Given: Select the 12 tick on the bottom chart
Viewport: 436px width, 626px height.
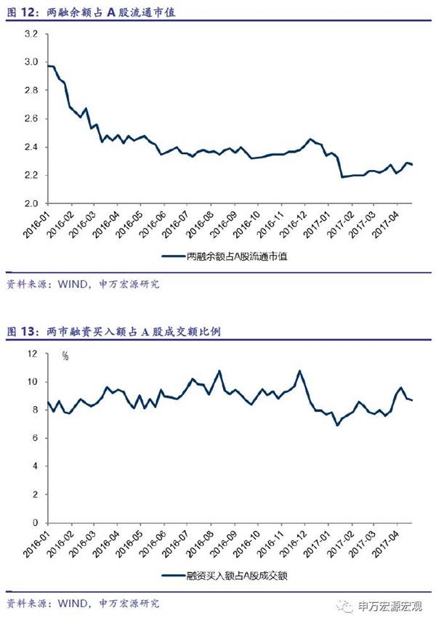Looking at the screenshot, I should [x=31, y=354].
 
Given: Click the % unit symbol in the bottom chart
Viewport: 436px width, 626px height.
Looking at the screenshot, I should [x=65, y=356].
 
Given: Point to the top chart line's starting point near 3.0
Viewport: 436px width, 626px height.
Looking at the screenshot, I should [x=48, y=66].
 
